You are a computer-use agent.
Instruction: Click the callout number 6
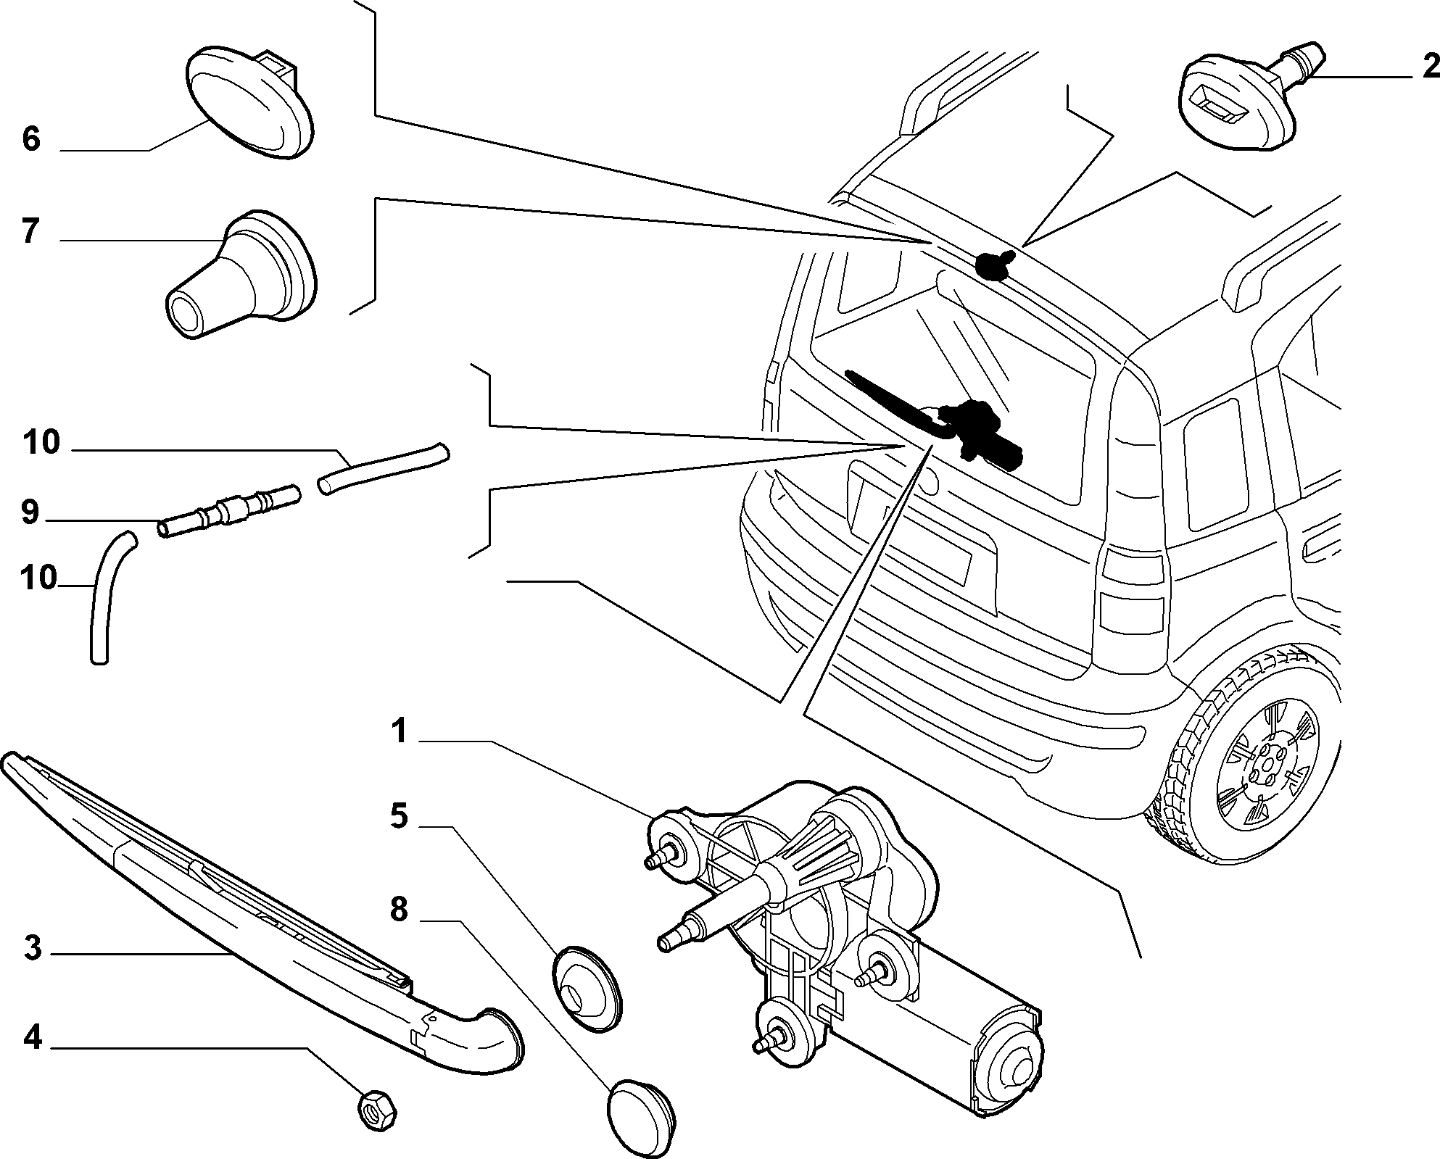[30, 138]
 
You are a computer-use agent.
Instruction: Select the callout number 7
[30, 231]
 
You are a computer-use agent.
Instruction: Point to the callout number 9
[30, 512]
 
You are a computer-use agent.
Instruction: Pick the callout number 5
[399, 816]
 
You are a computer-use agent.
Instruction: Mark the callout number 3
[33, 948]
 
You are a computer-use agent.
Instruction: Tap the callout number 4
[33, 1038]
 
